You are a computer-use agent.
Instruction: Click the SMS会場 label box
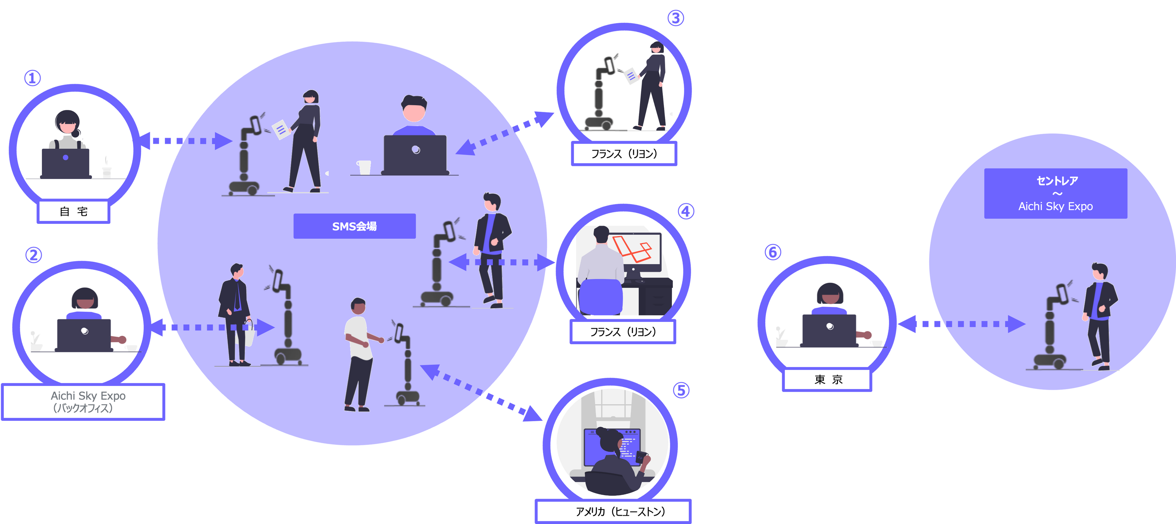click(354, 226)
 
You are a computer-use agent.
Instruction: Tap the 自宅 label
click(74, 211)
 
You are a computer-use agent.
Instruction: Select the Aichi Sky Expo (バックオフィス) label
click(83, 402)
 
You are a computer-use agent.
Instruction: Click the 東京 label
click(827, 380)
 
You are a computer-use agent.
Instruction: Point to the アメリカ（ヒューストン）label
click(613, 511)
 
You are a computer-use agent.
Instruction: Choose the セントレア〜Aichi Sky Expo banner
click(1055, 194)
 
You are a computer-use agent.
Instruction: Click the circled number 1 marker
click(32, 78)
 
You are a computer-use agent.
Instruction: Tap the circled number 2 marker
click(33, 255)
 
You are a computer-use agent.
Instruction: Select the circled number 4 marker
click(686, 211)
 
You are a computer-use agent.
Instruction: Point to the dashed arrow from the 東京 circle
click(961, 324)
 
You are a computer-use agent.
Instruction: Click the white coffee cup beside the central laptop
click(364, 167)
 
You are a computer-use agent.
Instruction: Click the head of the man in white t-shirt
click(358, 306)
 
